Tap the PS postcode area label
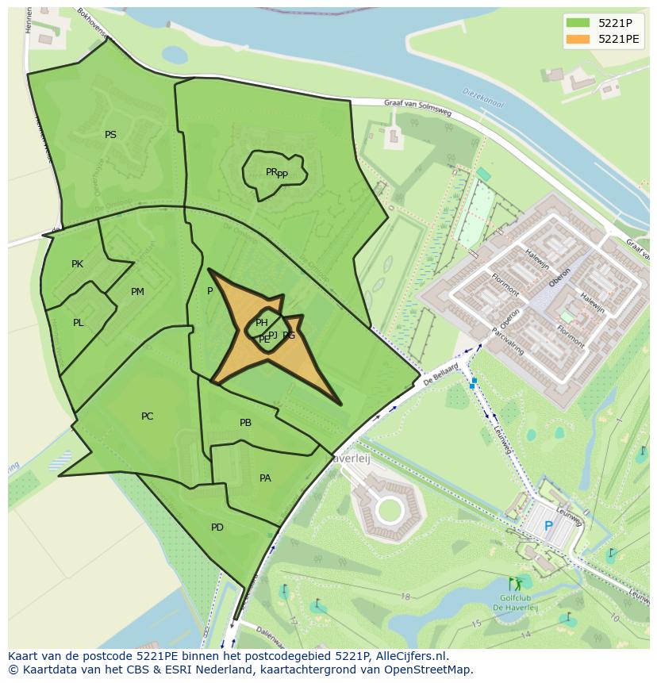tap(110, 135)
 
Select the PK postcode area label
tap(77, 264)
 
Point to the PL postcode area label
tap(78, 323)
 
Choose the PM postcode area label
tap(137, 292)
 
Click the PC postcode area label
tap(147, 416)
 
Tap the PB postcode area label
tap(245, 423)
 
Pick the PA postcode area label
tap(265, 478)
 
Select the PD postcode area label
tap(217, 528)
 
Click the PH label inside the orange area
tap(261, 322)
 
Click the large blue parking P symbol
tap(548, 526)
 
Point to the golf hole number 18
tap(405, 597)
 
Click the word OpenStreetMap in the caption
tap(434, 670)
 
